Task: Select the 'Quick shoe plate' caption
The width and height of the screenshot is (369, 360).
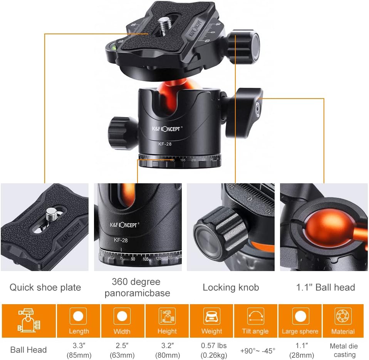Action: point(45,287)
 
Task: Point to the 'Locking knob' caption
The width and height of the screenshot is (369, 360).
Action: point(231,287)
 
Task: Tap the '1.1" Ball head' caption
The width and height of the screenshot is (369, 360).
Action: point(325,287)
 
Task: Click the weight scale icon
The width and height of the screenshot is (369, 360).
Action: point(211,316)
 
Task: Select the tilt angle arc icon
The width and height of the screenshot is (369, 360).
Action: point(255,316)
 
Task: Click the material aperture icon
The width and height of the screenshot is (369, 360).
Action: point(343,316)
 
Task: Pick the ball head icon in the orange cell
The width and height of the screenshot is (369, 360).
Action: point(29,320)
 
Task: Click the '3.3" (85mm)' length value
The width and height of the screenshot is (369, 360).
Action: point(79,350)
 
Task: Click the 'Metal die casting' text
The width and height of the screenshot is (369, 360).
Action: point(344,350)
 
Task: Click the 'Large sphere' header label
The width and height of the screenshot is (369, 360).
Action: point(300,332)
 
